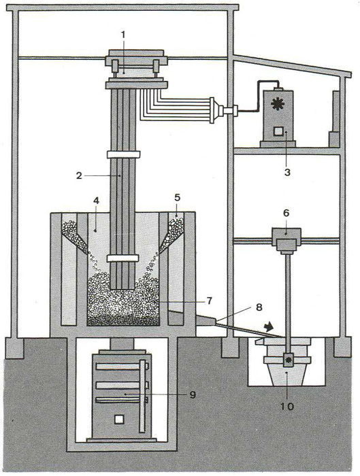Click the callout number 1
(x=122, y=35)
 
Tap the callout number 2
(x=79, y=175)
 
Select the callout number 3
(x=287, y=172)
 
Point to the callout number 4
(x=97, y=201)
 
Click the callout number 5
(x=178, y=198)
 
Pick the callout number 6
(x=286, y=214)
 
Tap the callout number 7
(x=209, y=301)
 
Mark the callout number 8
(x=259, y=307)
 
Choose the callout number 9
(x=193, y=394)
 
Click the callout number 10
(x=287, y=406)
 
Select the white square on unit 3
(x=278, y=131)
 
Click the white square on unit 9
(x=119, y=420)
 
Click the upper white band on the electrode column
(x=123, y=154)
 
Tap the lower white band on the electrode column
(x=123, y=258)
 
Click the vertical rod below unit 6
(x=287, y=303)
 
